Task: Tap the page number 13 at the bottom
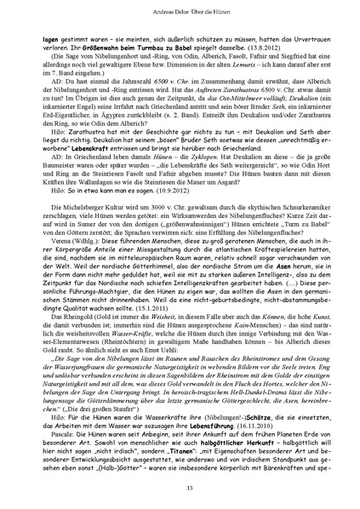[180, 486]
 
